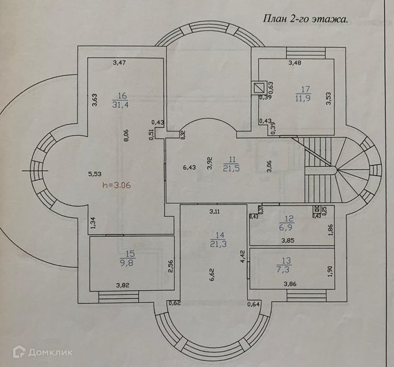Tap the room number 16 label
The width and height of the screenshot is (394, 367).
click(123, 95)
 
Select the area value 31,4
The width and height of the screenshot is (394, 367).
click(123, 105)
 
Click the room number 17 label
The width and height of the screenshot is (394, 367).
click(306, 88)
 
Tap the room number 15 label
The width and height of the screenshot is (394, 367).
click(123, 254)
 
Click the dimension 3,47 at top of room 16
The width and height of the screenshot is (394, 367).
click(119, 62)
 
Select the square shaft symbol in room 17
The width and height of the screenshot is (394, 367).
click(259, 88)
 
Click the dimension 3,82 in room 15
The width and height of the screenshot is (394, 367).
click(123, 285)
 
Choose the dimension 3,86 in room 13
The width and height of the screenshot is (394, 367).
click(290, 283)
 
